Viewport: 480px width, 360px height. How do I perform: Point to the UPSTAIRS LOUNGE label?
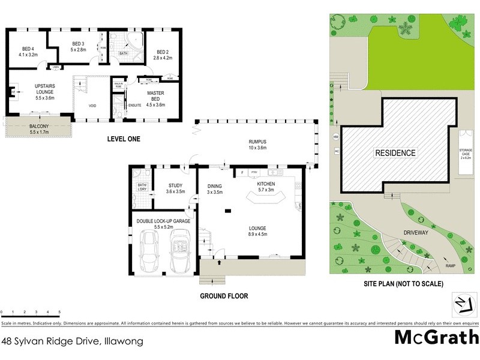[28, 93]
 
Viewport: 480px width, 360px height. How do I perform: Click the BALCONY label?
[40, 126]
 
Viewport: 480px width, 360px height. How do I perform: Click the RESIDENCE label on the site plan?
[395, 153]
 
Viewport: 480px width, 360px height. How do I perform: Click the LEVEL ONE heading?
[123, 139]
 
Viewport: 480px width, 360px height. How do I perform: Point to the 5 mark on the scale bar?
[59, 313]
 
